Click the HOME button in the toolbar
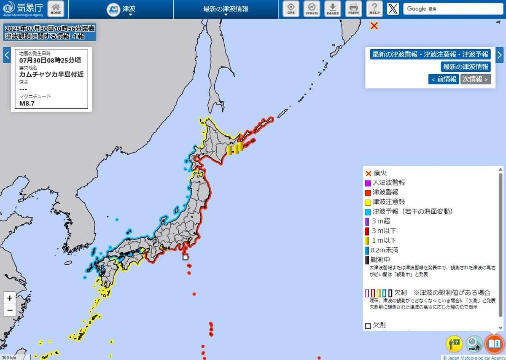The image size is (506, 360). [x=56, y=9]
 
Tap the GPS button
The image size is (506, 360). [x=291, y=9]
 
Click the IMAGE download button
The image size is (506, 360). [x=333, y=9]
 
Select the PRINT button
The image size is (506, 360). [x=353, y=9]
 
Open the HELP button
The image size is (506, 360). [x=374, y=9]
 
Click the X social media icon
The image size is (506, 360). [x=393, y=9]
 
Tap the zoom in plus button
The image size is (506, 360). [x=10, y=298]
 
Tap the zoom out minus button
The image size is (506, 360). [x=10, y=311]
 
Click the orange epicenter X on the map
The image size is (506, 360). [x=374, y=26]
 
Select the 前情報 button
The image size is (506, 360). [x=444, y=79]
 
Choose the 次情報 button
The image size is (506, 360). [x=475, y=79]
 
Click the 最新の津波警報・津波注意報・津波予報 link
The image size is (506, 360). [x=430, y=54]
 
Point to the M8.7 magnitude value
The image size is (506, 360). [x=27, y=103]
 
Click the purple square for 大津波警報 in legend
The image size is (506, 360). [x=368, y=183]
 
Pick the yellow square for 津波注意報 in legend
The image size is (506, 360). [x=368, y=202]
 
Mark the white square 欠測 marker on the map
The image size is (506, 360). [x=185, y=257]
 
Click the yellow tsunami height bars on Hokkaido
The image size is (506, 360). [x=235, y=149]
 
